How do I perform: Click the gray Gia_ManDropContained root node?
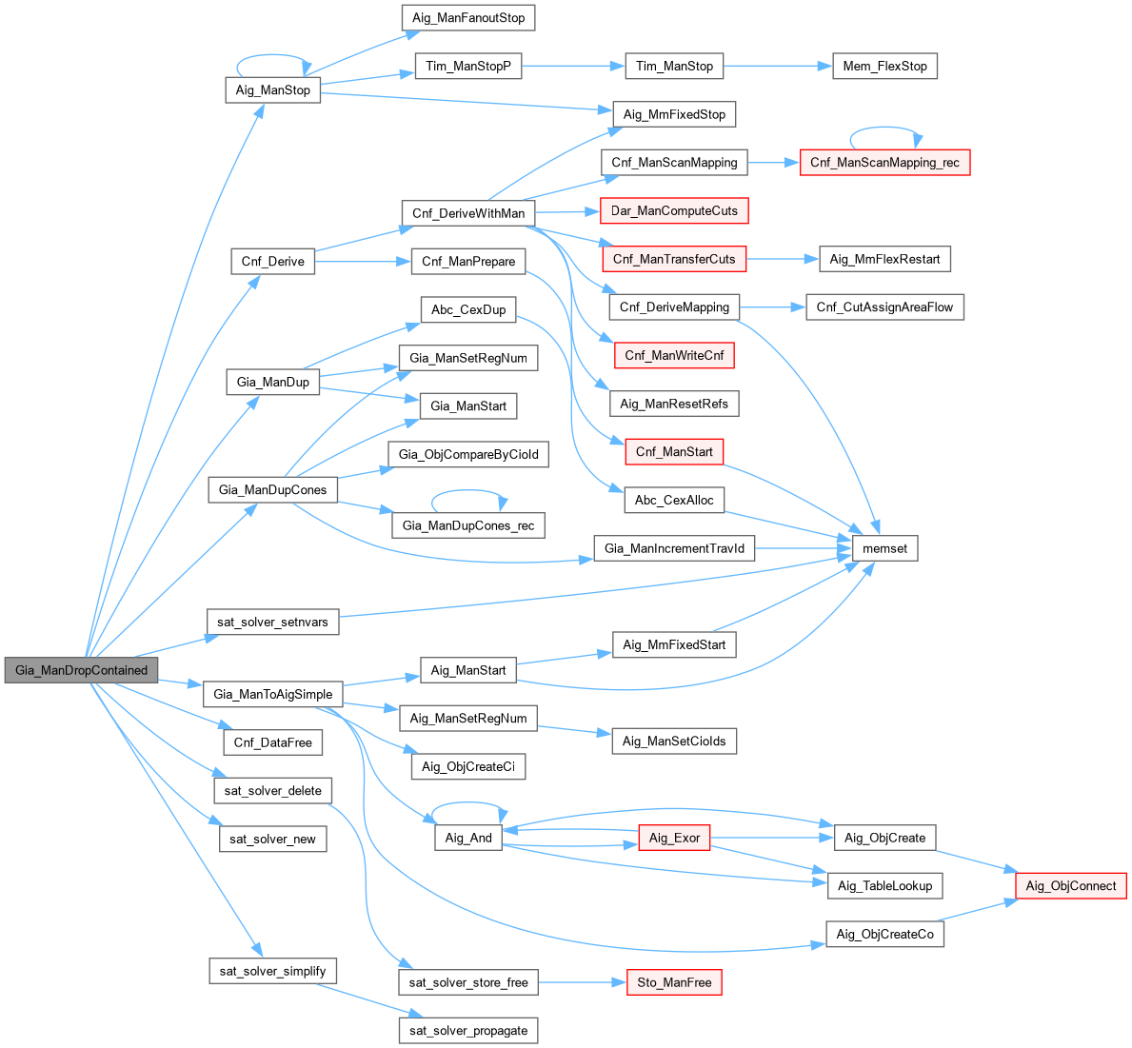pos(81,670)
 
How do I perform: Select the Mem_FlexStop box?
pos(884,66)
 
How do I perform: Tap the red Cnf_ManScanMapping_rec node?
pos(884,163)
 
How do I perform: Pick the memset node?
pos(884,548)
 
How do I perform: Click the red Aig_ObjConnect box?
pos(1071,885)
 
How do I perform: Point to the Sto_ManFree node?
pos(673,982)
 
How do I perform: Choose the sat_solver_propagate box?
pos(468,1030)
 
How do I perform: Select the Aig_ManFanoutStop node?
pos(468,17)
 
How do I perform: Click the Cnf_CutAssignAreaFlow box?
pos(884,306)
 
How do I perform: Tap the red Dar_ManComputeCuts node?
pos(674,210)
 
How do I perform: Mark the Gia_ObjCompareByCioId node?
pos(468,454)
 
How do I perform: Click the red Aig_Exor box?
pos(674,838)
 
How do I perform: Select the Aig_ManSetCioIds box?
pos(674,741)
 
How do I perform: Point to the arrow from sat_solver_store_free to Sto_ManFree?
pos(581,982)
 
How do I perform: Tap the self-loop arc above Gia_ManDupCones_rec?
pos(468,492)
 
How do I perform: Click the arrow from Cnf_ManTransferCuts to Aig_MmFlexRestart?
pos(783,259)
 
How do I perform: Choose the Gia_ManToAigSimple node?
pos(272,694)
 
